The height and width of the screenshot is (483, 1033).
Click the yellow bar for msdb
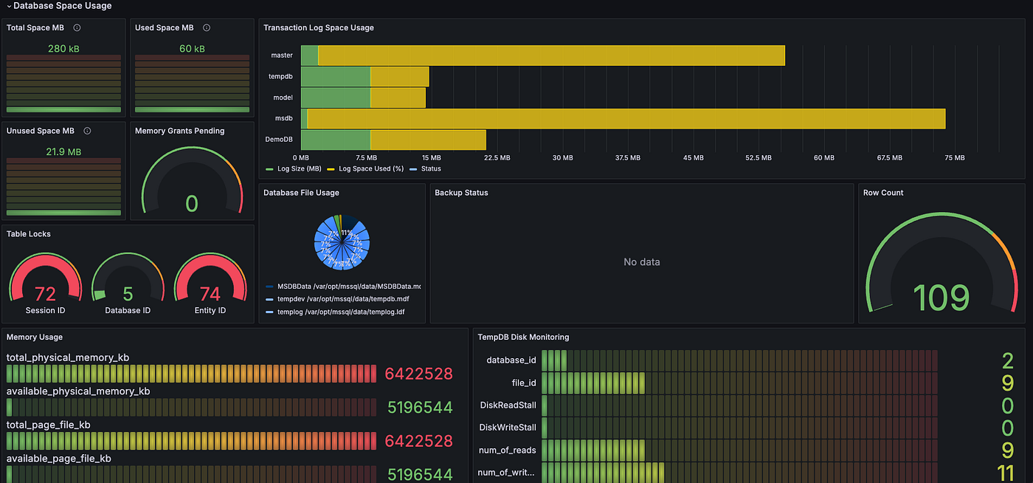626,119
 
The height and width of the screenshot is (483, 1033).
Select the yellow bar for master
550,55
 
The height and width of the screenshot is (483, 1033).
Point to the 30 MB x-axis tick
562,158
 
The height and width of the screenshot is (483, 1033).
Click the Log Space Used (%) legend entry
370,169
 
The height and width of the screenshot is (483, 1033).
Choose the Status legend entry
430,169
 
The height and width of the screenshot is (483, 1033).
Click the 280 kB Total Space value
63,49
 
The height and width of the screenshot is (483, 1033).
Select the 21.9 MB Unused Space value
63,151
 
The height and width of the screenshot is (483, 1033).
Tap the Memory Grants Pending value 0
192,204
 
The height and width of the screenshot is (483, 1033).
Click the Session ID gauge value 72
45,294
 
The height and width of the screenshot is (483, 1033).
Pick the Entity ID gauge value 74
210,294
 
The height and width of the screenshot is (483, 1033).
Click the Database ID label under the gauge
128,311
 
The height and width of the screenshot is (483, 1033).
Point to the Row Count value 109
941,298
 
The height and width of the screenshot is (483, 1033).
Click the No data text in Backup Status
641,262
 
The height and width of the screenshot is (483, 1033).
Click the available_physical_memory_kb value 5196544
420,407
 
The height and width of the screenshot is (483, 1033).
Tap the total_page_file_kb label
49,425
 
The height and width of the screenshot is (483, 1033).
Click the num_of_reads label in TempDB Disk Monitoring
508,450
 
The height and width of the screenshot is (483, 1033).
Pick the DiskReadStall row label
508,405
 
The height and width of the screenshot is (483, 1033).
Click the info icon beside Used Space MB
207,28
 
